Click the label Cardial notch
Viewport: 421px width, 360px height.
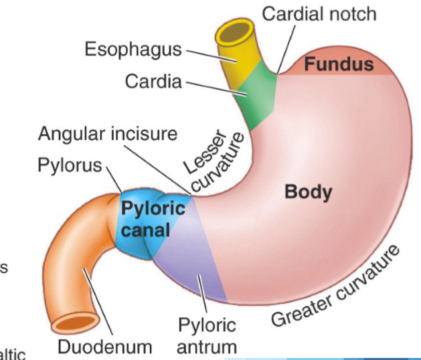click(319, 14)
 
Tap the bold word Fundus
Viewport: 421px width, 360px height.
click(339, 64)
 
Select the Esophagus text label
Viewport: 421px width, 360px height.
click(134, 49)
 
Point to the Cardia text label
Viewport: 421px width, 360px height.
click(153, 82)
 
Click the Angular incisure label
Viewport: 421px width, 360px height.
click(107, 133)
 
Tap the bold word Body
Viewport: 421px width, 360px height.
click(307, 192)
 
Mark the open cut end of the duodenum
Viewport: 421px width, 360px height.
click(73, 323)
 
